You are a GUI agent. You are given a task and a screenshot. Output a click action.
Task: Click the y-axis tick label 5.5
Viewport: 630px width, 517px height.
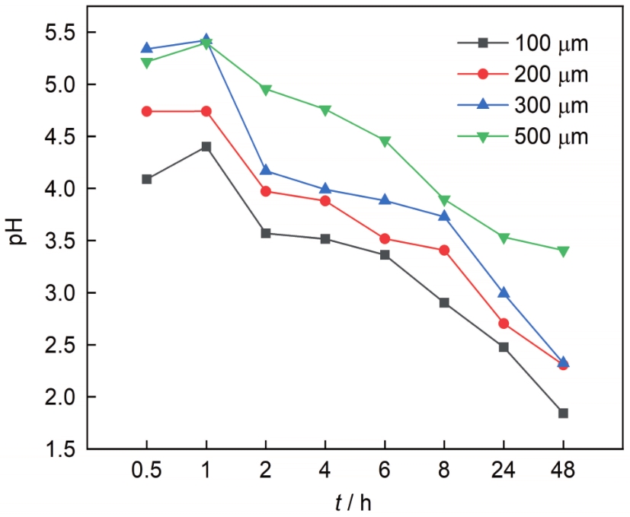coord(59,32)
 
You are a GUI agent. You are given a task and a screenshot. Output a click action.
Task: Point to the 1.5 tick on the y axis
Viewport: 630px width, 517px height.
coord(59,449)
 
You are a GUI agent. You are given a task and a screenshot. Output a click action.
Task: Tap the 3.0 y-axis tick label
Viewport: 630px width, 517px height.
coord(59,293)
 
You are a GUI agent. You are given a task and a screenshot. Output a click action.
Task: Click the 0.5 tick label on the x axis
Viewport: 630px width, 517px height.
coord(146,471)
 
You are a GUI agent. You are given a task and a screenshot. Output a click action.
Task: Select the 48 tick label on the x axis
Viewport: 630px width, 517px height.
coord(563,471)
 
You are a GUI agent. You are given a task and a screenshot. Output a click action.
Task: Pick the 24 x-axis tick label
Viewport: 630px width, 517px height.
coord(504,471)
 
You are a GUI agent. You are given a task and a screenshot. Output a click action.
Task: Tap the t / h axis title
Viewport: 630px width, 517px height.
coord(353,502)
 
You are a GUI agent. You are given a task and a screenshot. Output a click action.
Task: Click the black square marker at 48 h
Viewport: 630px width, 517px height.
coord(563,413)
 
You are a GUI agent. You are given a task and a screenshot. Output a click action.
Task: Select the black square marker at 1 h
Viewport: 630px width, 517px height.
coord(206,146)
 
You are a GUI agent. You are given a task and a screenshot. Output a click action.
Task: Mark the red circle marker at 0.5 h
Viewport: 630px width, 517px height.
coord(146,111)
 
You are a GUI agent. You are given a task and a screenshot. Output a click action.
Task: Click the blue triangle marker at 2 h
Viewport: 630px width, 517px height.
coord(266,171)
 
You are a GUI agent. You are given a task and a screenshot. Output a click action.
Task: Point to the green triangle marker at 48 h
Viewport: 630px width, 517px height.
coord(563,251)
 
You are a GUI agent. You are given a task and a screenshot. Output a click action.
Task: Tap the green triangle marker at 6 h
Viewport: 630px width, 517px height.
coord(385,142)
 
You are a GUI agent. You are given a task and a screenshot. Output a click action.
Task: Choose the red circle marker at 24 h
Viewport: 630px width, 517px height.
coord(504,324)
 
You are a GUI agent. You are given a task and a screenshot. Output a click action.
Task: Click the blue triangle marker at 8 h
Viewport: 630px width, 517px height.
coord(444,216)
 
